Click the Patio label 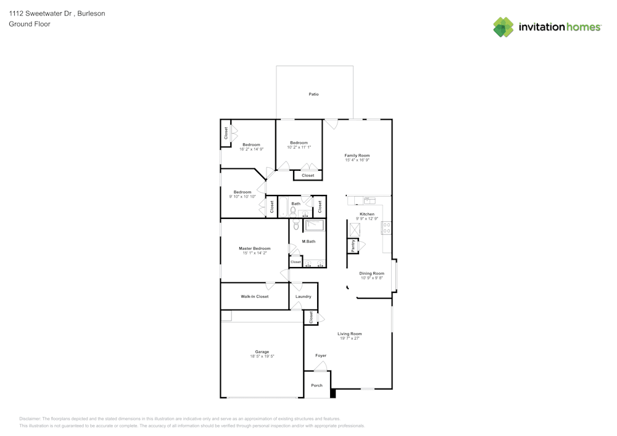[313, 94]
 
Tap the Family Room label [357, 155]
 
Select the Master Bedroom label [254, 249]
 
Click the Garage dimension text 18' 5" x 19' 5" [262, 356]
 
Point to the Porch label [317, 385]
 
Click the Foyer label [321, 355]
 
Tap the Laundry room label [303, 297]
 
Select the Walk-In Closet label [254, 297]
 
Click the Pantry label [353, 246]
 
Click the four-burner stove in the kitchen [387, 228]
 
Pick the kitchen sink [369, 200]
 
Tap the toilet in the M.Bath [296, 224]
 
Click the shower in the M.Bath [315, 225]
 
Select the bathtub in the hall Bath [284, 207]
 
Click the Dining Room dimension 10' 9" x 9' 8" [372, 278]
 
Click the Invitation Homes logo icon [503, 27]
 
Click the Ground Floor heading [30, 24]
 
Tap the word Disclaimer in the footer [30, 418]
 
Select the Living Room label [349, 334]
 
